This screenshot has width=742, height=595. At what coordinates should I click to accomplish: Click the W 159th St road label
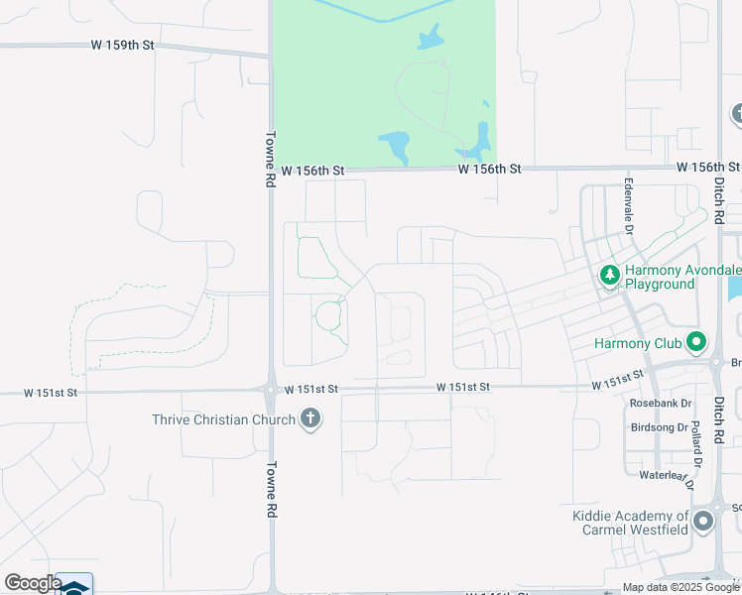(x=123, y=45)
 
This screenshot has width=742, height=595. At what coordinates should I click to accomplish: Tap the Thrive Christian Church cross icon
(x=310, y=418)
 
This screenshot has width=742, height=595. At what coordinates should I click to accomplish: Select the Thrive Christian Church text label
(x=223, y=419)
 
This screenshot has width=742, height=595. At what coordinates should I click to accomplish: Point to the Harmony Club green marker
(x=696, y=343)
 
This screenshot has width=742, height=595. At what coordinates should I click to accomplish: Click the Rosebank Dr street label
(x=660, y=404)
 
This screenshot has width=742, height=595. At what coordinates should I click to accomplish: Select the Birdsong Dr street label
(x=660, y=428)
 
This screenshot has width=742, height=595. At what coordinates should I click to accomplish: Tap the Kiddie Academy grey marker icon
(x=704, y=522)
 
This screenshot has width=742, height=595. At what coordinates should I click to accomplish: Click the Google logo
(x=33, y=583)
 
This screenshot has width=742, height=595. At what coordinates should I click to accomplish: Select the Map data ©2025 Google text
(x=681, y=588)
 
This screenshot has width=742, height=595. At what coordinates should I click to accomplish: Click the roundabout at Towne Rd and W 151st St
(x=271, y=391)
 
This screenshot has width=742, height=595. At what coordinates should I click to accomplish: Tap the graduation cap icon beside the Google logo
(x=74, y=586)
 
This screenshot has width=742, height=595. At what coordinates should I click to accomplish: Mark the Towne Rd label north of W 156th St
(x=270, y=160)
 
